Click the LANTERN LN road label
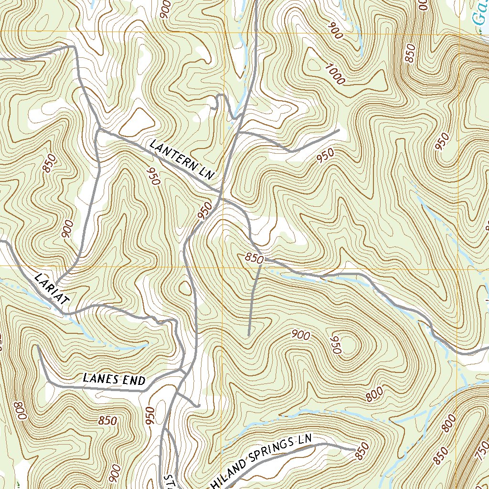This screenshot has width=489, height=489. click(181, 159)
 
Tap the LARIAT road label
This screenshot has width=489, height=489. click(52, 288)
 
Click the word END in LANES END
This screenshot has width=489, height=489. click(134, 381)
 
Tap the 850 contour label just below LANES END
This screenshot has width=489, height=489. click(107, 421)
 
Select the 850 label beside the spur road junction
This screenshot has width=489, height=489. click(254, 258)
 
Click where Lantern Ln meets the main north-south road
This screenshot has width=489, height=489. click(220, 193)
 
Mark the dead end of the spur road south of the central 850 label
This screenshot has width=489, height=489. click(248, 335)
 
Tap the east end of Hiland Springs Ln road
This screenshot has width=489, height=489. click(354, 449)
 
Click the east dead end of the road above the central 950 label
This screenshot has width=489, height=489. click(339, 129)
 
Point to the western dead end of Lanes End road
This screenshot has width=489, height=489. click(37, 345)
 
